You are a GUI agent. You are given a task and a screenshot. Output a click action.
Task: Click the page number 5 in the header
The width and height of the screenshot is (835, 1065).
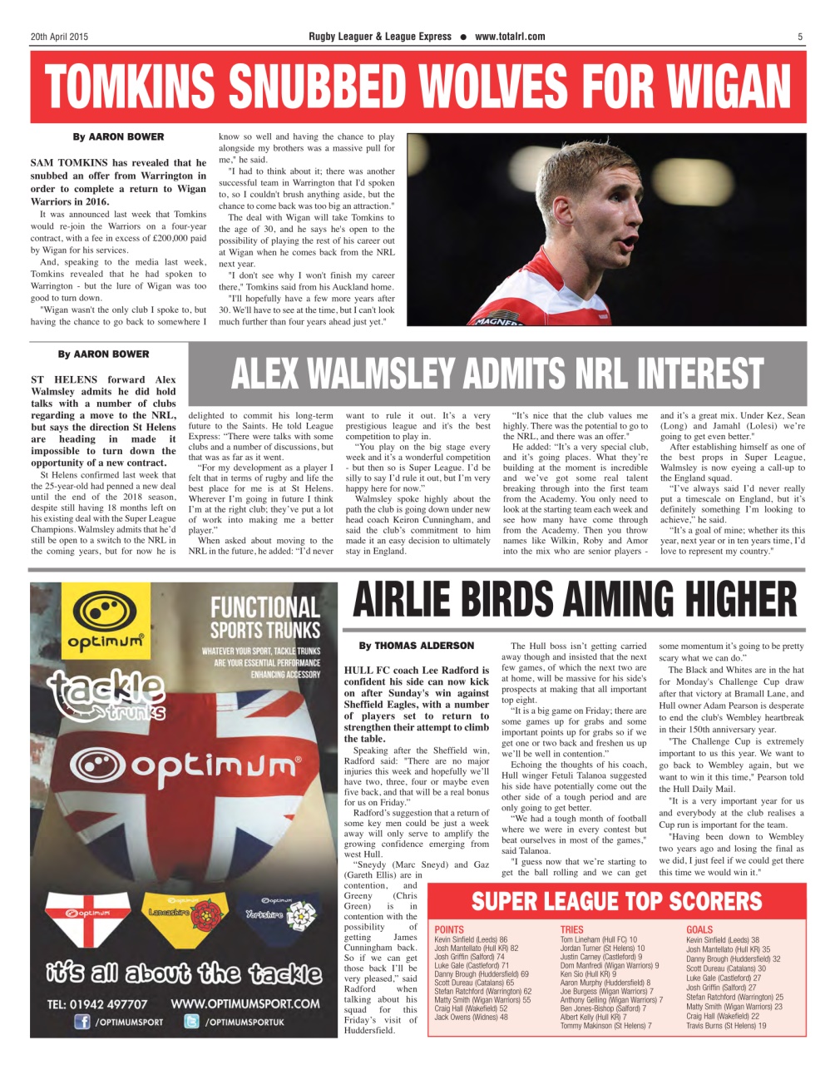[x=800, y=37]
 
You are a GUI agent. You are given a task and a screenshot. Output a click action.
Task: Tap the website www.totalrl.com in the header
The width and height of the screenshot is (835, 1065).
[x=510, y=37]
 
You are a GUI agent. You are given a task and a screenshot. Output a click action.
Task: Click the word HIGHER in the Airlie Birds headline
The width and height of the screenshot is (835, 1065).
[x=718, y=599]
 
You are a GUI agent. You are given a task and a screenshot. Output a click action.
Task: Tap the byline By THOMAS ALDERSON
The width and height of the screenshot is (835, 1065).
[x=416, y=645]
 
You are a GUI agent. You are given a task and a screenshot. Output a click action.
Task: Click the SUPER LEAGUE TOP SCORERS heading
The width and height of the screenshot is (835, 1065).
[x=616, y=901]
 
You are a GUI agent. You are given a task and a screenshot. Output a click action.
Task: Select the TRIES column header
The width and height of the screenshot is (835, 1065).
[x=572, y=929]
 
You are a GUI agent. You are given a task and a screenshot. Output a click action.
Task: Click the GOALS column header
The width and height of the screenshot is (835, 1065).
[x=699, y=929]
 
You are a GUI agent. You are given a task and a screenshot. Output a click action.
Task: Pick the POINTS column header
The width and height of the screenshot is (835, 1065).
[x=449, y=929]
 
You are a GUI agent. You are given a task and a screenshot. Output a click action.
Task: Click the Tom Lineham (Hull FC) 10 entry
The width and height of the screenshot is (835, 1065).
[x=599, y=939]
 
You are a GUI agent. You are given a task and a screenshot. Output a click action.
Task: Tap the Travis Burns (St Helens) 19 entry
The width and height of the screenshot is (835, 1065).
[x=726, y=1026]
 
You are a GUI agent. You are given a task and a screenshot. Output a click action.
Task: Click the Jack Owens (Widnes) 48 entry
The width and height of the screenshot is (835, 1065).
[x=471, y=1017]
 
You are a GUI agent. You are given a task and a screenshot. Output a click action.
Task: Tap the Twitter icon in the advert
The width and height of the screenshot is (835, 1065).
[x=192, y=1022]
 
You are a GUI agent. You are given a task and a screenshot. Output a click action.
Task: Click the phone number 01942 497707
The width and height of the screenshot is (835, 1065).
[x=97, y=1003]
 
